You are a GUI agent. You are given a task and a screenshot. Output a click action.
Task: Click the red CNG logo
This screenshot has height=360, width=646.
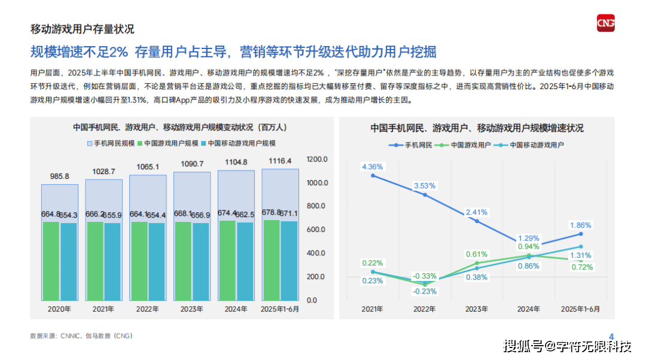606,24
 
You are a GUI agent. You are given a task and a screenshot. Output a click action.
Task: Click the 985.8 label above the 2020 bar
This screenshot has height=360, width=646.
59,176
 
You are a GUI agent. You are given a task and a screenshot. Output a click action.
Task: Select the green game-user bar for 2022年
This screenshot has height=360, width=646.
139,261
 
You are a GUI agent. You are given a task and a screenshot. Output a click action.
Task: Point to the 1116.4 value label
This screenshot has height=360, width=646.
280,161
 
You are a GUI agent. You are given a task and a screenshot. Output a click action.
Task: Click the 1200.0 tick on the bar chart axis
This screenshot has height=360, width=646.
316,160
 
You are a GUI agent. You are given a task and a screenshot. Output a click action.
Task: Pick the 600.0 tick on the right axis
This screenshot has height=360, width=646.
316,230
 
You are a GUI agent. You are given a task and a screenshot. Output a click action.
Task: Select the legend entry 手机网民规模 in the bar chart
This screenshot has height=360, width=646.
111,144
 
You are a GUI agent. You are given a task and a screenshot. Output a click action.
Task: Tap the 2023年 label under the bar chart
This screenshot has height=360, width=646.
191,309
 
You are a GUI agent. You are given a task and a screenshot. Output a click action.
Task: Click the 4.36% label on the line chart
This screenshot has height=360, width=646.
372,166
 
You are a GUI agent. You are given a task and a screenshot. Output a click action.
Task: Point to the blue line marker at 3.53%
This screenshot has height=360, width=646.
425,195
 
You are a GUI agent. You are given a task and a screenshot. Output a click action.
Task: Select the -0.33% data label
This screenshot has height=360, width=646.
425,276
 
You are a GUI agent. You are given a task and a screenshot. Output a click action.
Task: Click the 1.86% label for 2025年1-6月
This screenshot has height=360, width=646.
580,225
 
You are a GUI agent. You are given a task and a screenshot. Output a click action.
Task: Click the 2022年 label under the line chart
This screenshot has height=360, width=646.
425,309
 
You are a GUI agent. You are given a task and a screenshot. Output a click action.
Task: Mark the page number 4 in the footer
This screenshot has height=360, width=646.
611,335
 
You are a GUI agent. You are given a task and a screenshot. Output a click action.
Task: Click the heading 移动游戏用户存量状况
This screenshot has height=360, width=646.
82,29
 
